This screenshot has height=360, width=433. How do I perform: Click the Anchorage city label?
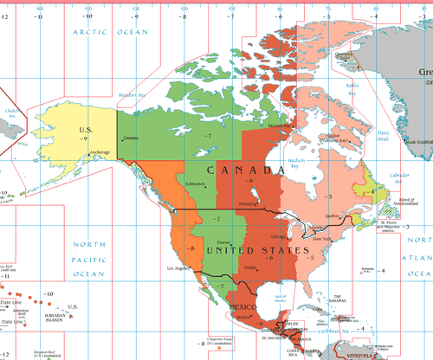tap(100, 152)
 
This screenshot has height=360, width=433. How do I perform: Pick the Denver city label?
tap(224, 242)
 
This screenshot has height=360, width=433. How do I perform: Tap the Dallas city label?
tap(251, 267)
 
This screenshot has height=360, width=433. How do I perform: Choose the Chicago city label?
tap(280, 235)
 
